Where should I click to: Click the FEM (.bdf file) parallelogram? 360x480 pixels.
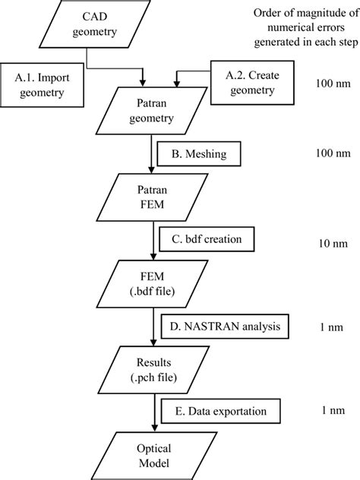click(x=145, y=281)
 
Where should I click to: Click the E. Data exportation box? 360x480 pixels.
click(x=219, y=413)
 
